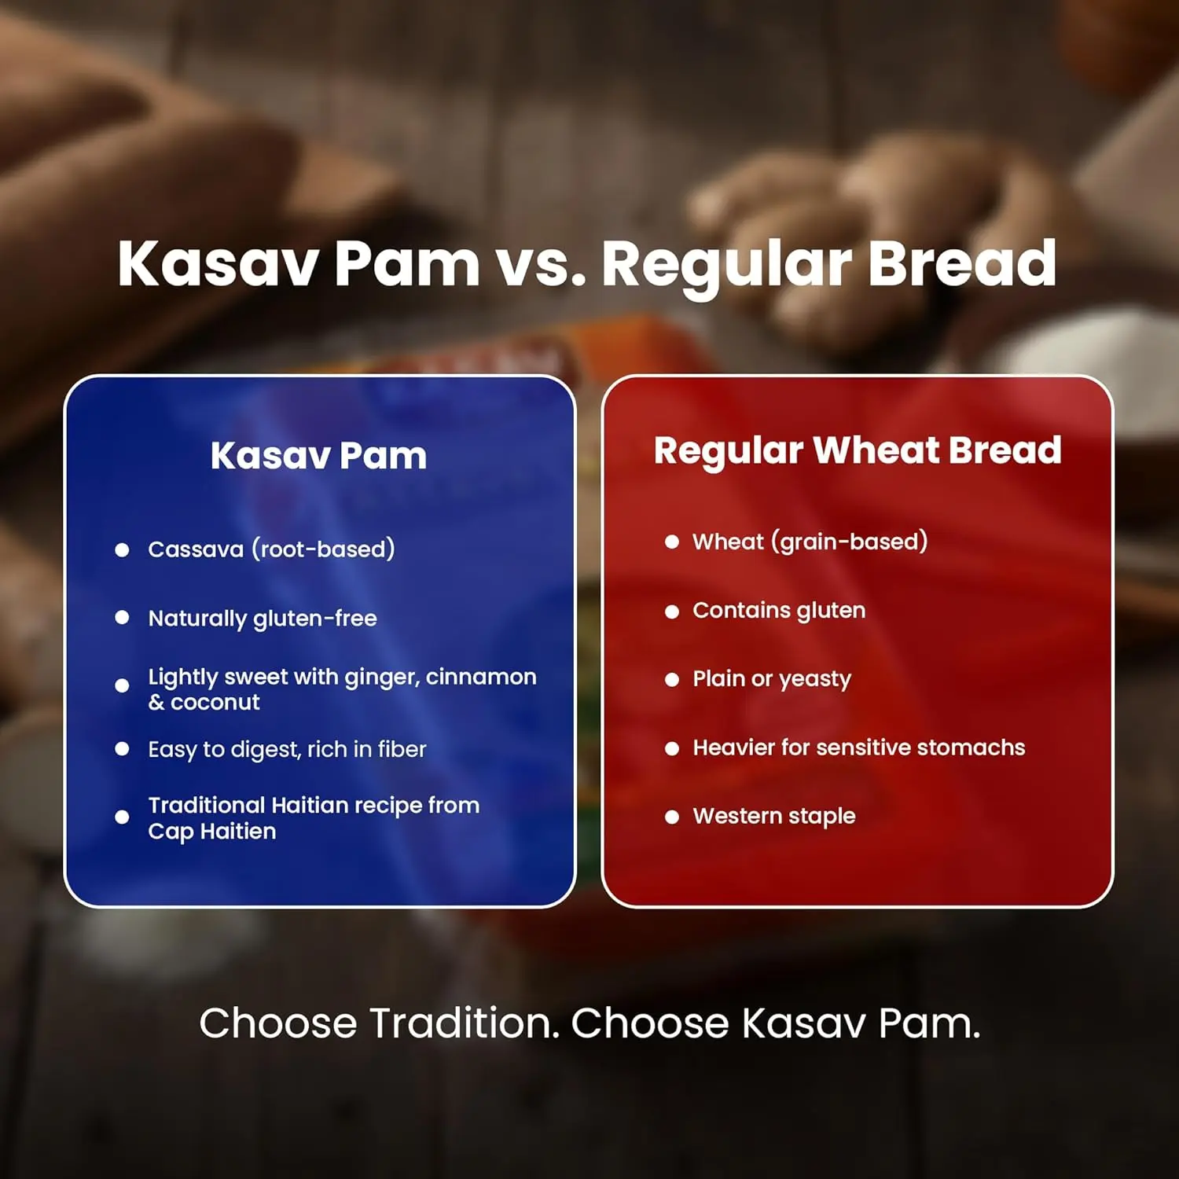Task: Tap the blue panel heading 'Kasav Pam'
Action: coord(319,456)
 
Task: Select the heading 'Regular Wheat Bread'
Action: coord(858,451)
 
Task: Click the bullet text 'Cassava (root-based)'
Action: coord(272,549)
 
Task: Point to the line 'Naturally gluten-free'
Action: coord(263,619)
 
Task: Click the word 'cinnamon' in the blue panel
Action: coord(481,677)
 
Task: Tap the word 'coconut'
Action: coord(215,703)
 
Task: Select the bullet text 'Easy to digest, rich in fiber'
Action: coord(288,750)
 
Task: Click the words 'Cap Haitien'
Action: coord(212,832)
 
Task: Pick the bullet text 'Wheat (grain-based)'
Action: coord(810,542)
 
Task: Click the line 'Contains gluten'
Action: coord(779,611)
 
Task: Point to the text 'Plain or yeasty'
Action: coord(772,679)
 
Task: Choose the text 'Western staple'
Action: coord(774,817)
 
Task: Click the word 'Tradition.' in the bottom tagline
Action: coord(465,1023)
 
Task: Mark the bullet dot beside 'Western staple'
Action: coord(672,817)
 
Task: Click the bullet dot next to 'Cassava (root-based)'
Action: coord(122,550)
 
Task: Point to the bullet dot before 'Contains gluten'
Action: coord(672,612)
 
